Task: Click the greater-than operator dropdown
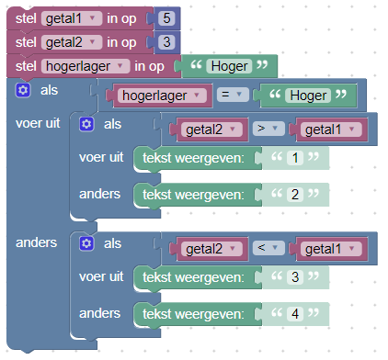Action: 265,129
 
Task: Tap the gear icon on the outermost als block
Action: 24,90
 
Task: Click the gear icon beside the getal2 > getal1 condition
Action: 87,124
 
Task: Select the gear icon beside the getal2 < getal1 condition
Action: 87,242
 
